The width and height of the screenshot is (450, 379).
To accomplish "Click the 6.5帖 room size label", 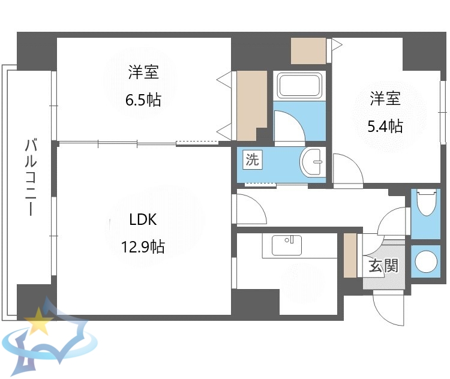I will point(143,100).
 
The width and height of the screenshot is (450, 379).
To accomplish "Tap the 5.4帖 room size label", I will point(385,126).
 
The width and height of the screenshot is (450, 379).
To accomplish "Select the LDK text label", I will point(143,219).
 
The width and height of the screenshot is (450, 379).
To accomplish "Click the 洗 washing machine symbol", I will point(252,160).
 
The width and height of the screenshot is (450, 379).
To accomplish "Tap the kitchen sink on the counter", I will point(287,245).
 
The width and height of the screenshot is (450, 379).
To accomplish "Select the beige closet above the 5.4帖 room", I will point(308,50).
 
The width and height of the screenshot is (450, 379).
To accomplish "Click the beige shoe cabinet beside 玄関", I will point(350,255).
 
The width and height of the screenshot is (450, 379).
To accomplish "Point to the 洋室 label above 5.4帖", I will point(385,98).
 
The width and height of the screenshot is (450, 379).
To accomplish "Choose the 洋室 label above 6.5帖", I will point(143,73).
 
